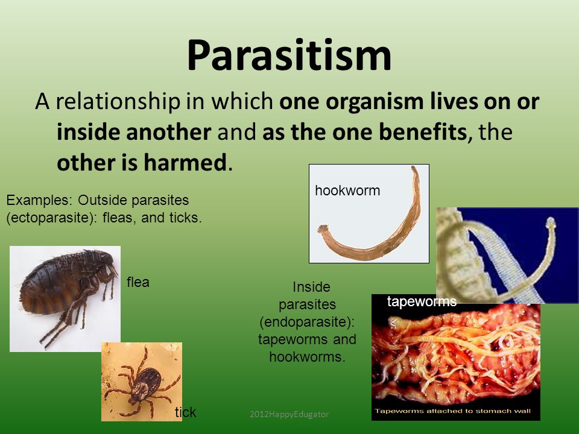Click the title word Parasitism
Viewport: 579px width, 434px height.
289,55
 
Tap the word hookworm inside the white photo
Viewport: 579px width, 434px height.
347,190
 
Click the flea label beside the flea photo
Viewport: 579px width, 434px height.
138,282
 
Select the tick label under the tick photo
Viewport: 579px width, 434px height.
185,412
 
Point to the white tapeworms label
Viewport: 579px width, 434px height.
422,301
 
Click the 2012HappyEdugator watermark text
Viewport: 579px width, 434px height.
289,414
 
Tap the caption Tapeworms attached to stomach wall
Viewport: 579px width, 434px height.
453,410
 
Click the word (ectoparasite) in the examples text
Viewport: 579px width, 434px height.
49,218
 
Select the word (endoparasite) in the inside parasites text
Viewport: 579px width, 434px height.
307,322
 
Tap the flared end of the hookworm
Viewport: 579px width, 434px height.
323,229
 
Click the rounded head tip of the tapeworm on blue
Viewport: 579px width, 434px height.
551,222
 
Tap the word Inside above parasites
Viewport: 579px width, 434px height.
311,287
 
